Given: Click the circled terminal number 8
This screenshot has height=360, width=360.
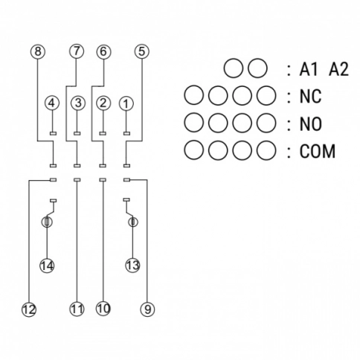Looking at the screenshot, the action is (38, 51).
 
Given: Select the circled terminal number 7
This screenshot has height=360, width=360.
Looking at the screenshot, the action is (77, 51).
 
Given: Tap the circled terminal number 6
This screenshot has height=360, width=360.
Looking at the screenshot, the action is (103, 51).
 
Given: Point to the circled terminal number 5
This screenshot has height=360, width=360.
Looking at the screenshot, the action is (142, 51).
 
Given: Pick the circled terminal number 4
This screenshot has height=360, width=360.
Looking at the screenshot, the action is (52, 103).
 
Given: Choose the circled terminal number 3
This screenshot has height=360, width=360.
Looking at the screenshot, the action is (78, 103).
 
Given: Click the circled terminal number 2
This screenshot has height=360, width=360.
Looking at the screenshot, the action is (103, 103).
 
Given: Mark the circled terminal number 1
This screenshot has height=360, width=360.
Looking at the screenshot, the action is (126, 103).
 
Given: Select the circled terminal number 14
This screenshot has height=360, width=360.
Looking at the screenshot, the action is (47, 266).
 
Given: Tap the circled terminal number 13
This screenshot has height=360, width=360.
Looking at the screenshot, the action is (133, 266).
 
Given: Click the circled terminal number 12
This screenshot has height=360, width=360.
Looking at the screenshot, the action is (29, 309).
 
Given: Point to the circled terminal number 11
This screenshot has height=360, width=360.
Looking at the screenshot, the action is (77, 309).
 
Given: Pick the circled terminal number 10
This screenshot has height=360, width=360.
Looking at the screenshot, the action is (103, 309).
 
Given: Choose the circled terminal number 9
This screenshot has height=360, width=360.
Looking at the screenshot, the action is (147, 309).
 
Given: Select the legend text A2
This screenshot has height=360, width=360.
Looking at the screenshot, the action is (338, 69).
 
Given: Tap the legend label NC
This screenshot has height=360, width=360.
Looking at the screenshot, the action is (310, 96).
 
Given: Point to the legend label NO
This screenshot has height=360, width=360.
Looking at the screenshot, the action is (311, 124).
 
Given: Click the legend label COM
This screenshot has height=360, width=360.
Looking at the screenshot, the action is (318, 151).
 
